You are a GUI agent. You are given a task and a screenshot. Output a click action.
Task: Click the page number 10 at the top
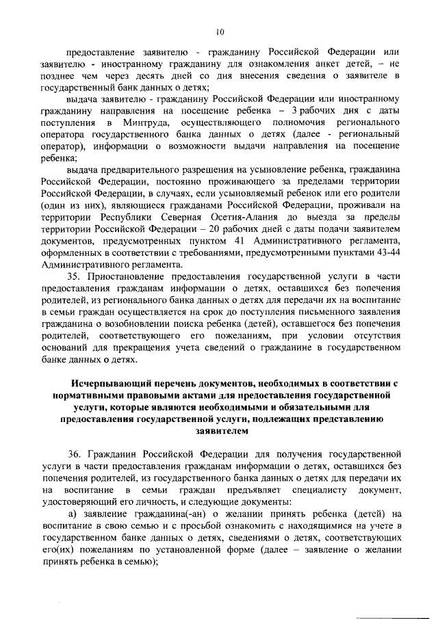point(219,30)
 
